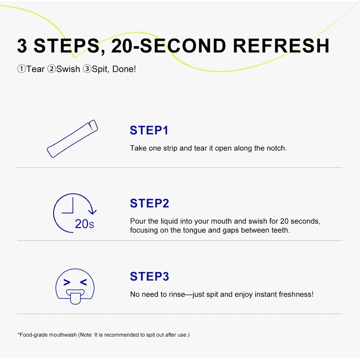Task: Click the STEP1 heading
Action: (149, 130)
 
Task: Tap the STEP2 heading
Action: (149, 203)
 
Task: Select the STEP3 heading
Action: (149, 276)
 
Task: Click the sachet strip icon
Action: (72, 139)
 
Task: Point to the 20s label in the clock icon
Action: (85, 224)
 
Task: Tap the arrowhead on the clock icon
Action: (92, 211)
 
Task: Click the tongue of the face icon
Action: (75, 298)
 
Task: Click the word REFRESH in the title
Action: (281, 46)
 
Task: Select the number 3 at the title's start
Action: (22, 46)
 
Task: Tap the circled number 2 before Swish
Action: (51, 69)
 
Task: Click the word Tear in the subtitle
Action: (36, 69)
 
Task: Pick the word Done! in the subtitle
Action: (124, 69)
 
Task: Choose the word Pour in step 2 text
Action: (138, 221)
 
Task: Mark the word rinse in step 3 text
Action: (177, 294)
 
